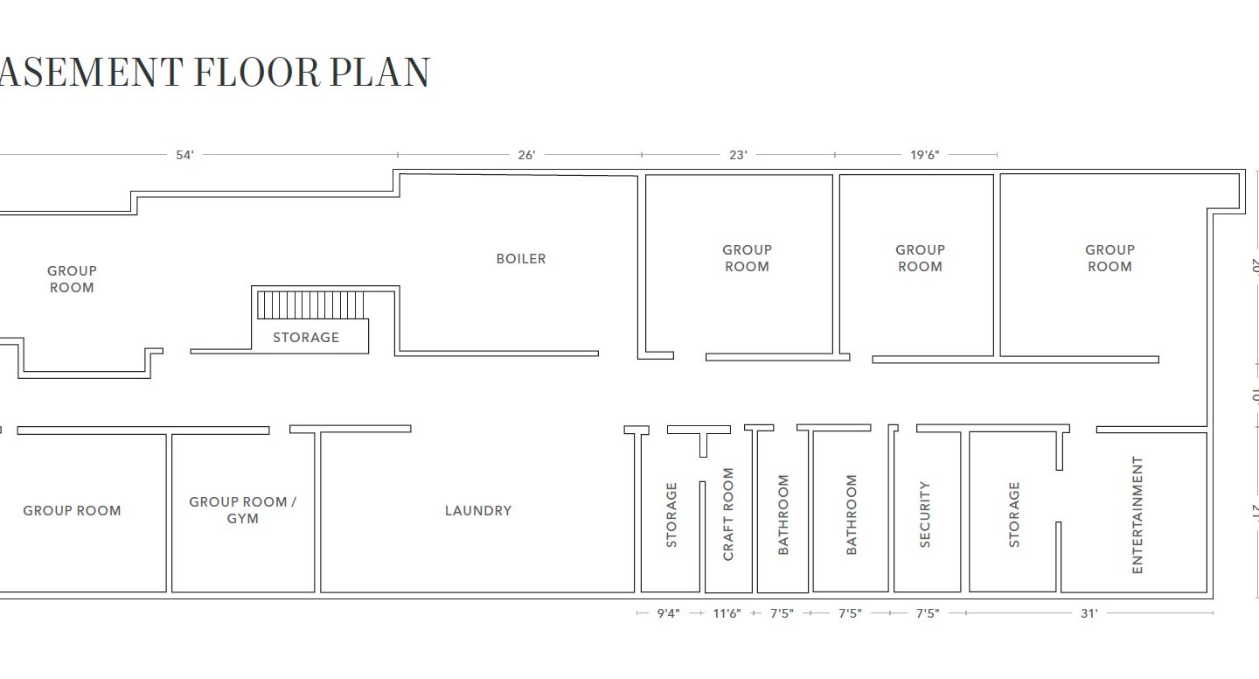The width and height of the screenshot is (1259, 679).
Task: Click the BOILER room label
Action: (521, 259)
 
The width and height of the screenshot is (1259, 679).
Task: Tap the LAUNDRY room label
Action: (478, 511)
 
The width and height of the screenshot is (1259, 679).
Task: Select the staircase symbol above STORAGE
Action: (310, 305)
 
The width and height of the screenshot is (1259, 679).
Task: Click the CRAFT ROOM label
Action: (728, 514)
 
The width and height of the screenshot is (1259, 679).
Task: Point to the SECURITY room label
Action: (925, 514)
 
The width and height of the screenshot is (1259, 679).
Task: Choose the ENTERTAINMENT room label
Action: (1137, 514)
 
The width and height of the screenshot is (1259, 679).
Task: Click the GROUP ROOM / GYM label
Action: (243, 510)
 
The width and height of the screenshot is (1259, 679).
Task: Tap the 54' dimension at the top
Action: (184, 155)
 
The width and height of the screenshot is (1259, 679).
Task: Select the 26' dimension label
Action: (526, 155)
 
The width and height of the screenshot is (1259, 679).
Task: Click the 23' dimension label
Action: (738, 155)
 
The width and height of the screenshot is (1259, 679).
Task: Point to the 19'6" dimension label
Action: (924, 155)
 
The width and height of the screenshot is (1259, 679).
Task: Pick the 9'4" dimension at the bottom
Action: (669, 614)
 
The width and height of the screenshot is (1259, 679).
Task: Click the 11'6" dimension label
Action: (727, 614)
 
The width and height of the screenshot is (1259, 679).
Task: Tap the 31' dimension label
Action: (1089, 614)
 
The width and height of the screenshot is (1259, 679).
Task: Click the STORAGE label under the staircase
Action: (306, 338)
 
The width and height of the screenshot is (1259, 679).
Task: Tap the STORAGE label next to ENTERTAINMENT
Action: (1014, 514)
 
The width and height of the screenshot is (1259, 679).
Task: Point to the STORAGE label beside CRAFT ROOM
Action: (671, 514)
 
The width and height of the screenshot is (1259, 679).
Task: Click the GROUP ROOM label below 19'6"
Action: (920, 258)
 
